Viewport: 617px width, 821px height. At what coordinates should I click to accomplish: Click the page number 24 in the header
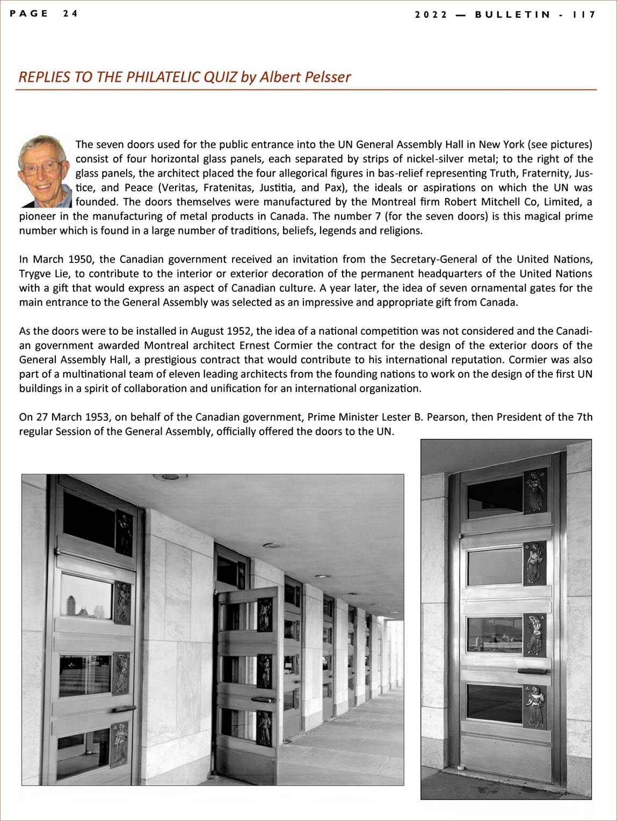click(70, 13)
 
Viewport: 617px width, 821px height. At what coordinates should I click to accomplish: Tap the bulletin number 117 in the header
click(584, 14)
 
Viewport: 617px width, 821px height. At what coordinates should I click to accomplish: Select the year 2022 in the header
click(431, 14)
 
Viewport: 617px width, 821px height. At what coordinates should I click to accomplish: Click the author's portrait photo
click(45, 171)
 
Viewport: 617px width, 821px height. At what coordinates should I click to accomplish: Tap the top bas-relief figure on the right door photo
click(535, 491)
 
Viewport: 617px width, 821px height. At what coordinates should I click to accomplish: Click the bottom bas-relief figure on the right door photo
click(535, 706)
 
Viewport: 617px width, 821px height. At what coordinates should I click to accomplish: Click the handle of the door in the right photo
click(533, 671)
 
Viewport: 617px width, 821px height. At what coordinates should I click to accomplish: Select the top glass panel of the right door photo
click(495, 497)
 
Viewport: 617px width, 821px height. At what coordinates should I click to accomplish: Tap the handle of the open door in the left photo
click(262, 699)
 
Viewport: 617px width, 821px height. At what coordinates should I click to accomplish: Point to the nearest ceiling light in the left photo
click(170, 477)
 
